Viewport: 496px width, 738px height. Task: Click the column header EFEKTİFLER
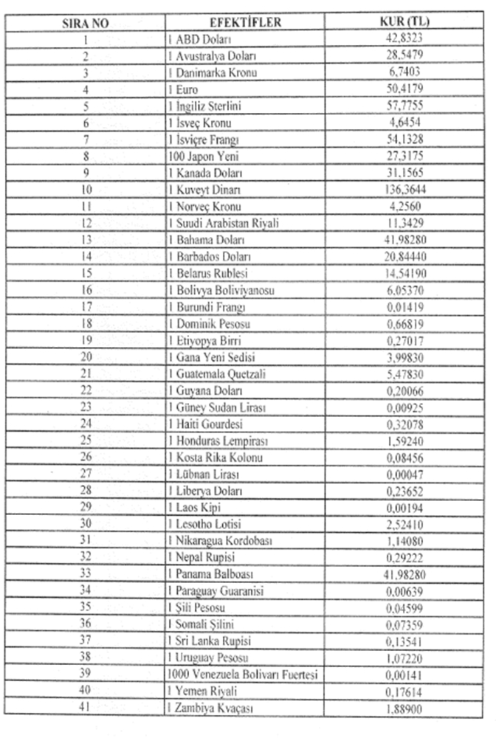point(244,23)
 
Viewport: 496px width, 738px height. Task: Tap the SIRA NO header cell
point(86,23)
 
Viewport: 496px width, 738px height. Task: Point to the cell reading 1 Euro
point(182,90)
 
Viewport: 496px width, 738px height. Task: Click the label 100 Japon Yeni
point(199,156)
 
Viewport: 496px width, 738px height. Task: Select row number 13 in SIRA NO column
point(86,240)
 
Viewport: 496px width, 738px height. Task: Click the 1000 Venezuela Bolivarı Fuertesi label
point(244,674)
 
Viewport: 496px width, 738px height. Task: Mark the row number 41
point(86,708)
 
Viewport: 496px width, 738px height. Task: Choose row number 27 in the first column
point(86,474)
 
